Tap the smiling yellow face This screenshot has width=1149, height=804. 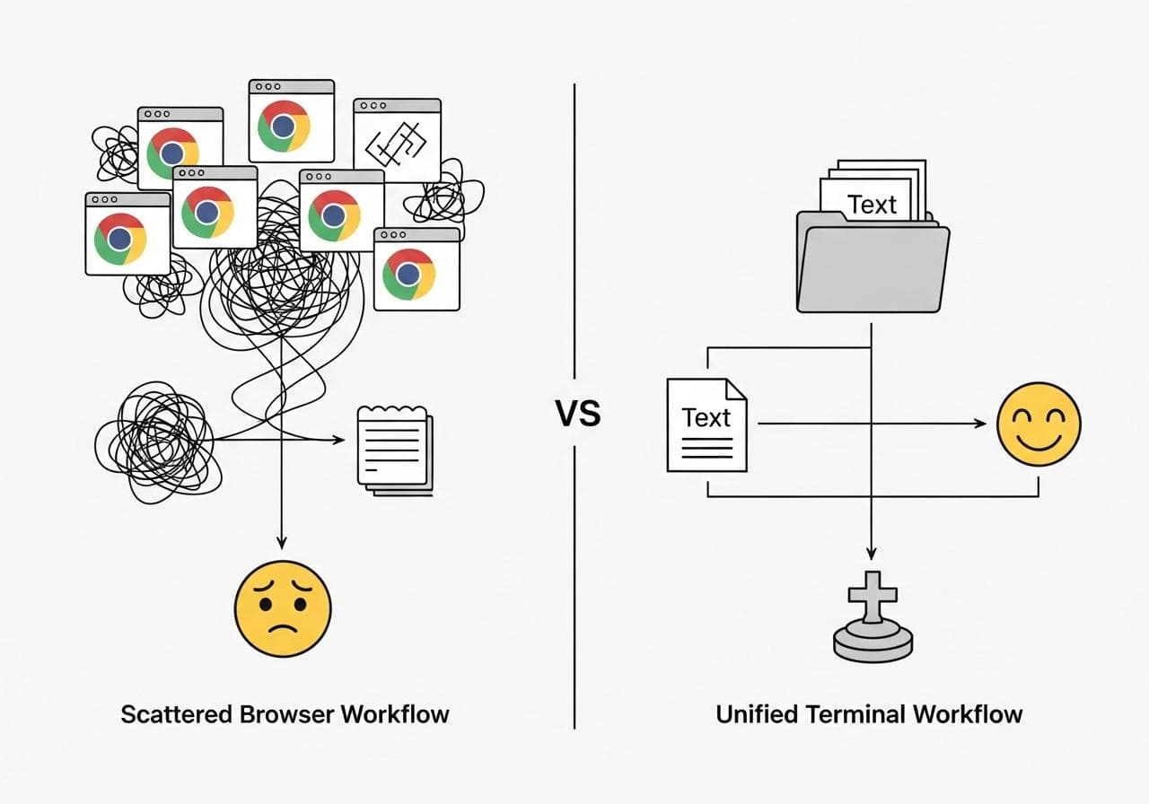point(1039,424)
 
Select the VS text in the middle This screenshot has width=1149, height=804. point(577,415)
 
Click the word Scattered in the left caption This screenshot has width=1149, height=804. point(178,714)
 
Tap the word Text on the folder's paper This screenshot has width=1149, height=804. point(872,205)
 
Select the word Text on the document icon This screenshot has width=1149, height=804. point(706,417)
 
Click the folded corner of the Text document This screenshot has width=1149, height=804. point(736,389)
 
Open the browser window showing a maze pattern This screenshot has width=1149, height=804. point(397,140)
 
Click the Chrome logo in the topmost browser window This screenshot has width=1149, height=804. point(284,126)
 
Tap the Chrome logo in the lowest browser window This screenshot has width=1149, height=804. point(408,274)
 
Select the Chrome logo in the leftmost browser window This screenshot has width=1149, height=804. point(120,238)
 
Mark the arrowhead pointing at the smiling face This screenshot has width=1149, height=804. point(980,424)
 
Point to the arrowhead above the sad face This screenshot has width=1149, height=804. point(282,541)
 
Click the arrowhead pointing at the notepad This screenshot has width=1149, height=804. point(339,440)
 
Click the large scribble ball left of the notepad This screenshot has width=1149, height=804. point(155,440)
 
